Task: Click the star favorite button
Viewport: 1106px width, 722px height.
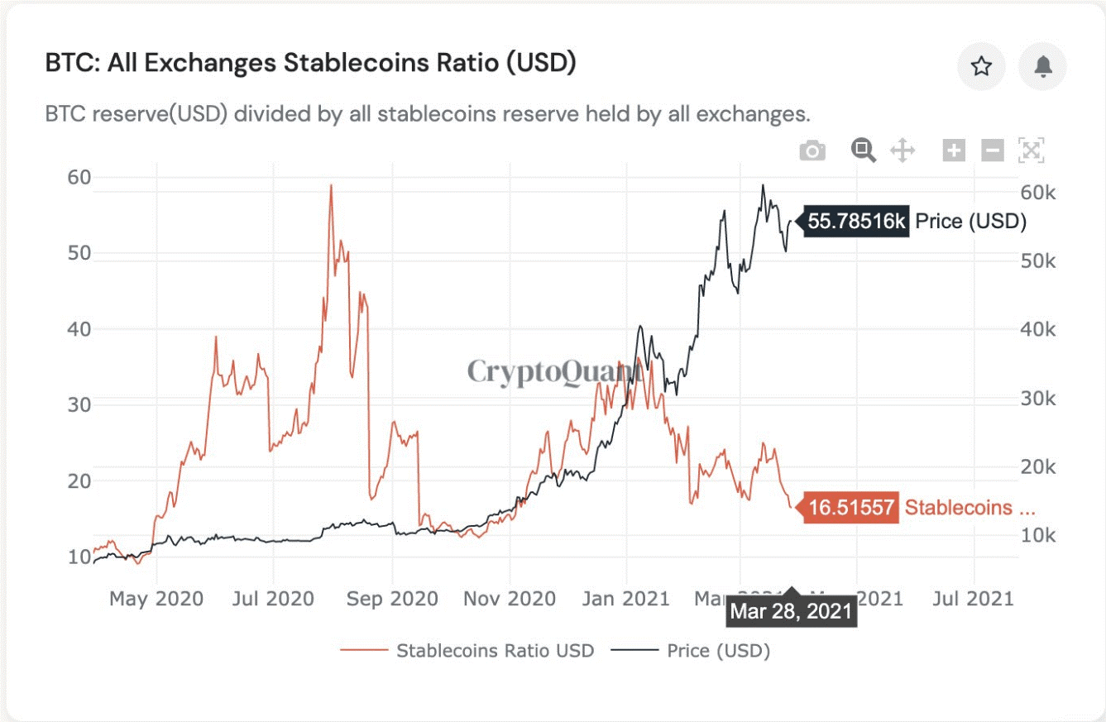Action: [981, 66]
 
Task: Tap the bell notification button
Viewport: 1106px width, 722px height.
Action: [1042, 66]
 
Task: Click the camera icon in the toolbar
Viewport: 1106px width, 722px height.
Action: [812, 151]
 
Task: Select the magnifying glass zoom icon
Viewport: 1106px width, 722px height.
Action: [863, 150]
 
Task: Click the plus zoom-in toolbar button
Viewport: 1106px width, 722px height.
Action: [954, 151]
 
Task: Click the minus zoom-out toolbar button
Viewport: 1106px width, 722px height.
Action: [993, 151]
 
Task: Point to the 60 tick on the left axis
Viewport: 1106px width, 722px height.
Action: [79, 177]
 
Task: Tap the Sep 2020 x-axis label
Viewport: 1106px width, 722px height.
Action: [393, 598]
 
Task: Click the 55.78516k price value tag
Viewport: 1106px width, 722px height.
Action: [857, 222]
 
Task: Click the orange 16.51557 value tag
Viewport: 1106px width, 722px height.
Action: [851, 508]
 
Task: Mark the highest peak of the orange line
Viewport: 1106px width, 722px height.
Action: [331, 185]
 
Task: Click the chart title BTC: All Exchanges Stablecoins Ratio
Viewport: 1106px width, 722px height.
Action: [310, 64]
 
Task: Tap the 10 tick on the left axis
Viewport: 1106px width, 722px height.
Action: [79, 556]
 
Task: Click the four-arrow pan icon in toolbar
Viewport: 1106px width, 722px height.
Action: [902, 151]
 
